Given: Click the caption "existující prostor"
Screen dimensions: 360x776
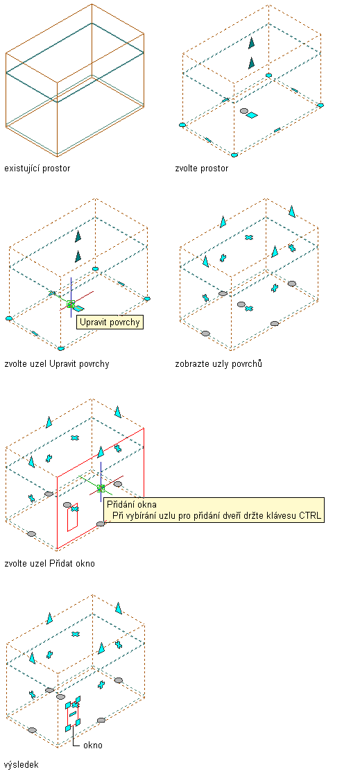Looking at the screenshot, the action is tap(37, 169).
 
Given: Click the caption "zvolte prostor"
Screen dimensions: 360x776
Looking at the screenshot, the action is tap(202, 169).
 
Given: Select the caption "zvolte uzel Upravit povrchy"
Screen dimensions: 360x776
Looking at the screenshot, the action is tap(56, 364).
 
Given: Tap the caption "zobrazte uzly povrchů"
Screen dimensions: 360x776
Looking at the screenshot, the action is tap(218, 364).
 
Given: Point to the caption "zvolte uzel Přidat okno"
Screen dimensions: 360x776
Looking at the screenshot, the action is tap(49, 564).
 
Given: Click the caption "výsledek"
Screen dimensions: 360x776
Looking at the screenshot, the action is tap(21, 765).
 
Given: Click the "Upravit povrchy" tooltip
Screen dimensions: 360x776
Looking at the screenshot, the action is tap(110, 322).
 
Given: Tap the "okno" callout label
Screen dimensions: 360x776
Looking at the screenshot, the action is tap(92, 745).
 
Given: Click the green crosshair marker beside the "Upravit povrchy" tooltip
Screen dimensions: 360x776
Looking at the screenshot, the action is tap(71, 304).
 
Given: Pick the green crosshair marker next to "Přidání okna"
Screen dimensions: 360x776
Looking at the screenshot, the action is tap(101, 488).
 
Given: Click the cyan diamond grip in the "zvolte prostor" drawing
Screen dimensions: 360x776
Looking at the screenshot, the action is tap(252, 115).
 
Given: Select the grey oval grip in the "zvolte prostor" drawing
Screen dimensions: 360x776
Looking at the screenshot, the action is tap(243, 112).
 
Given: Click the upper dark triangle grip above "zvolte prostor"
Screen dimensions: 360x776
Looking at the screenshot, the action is tap(252, 43).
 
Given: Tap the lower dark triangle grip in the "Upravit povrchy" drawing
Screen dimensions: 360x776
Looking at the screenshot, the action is tap(78, 257).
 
